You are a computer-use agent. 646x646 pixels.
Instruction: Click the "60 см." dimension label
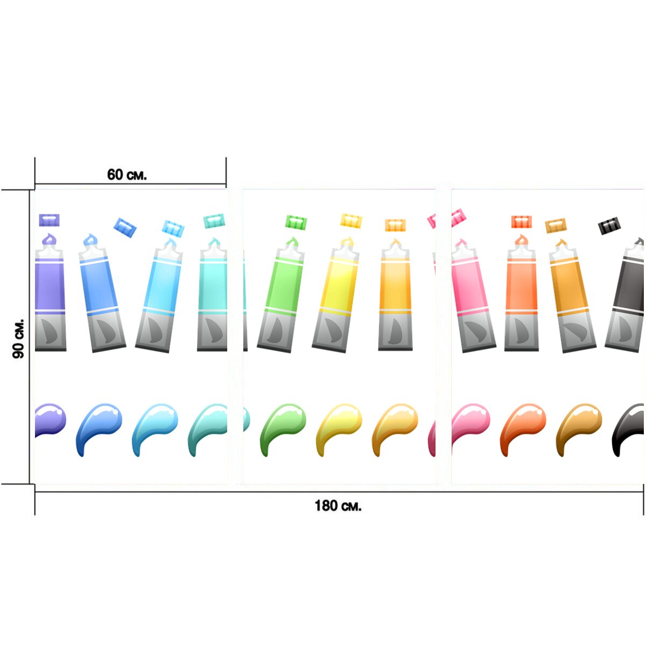click(x=127, y=174)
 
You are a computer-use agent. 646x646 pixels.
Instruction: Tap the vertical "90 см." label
click(x=18, y=339)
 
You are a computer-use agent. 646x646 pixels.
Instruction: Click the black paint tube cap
click(x=609, y=226)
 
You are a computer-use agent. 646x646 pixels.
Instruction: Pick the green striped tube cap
click(x=296, y=222)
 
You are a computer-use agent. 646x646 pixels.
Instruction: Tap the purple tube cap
click(x=50, y=220)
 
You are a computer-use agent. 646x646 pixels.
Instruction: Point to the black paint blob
click(x=628, y=430)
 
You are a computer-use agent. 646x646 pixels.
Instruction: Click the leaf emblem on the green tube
click(x=276, y=330)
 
